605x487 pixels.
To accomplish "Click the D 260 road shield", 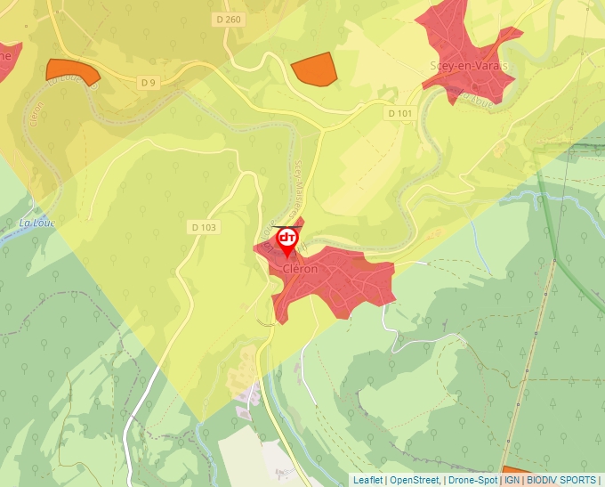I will click(x=229, y=20).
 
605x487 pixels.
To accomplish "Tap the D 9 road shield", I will click(x=148, y=83).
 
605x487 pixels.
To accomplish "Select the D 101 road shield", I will click(x=400, y=114).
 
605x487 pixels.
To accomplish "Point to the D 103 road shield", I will click(x=203, y=228).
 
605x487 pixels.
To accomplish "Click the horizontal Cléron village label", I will click(x=300, y=269).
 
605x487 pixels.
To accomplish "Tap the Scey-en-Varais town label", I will click(x=469, y=66).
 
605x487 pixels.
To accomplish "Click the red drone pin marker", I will click(x=287, y=240).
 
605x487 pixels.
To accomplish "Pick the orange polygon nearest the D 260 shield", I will click(x=313, y=69).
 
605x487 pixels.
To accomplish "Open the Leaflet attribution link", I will click(x=367, y=480).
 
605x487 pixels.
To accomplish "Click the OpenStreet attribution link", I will click(x=415, y=480).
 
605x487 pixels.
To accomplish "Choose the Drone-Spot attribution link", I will click(x=472, y=480).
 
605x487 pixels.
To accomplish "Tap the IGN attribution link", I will click(x=512, y=480).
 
